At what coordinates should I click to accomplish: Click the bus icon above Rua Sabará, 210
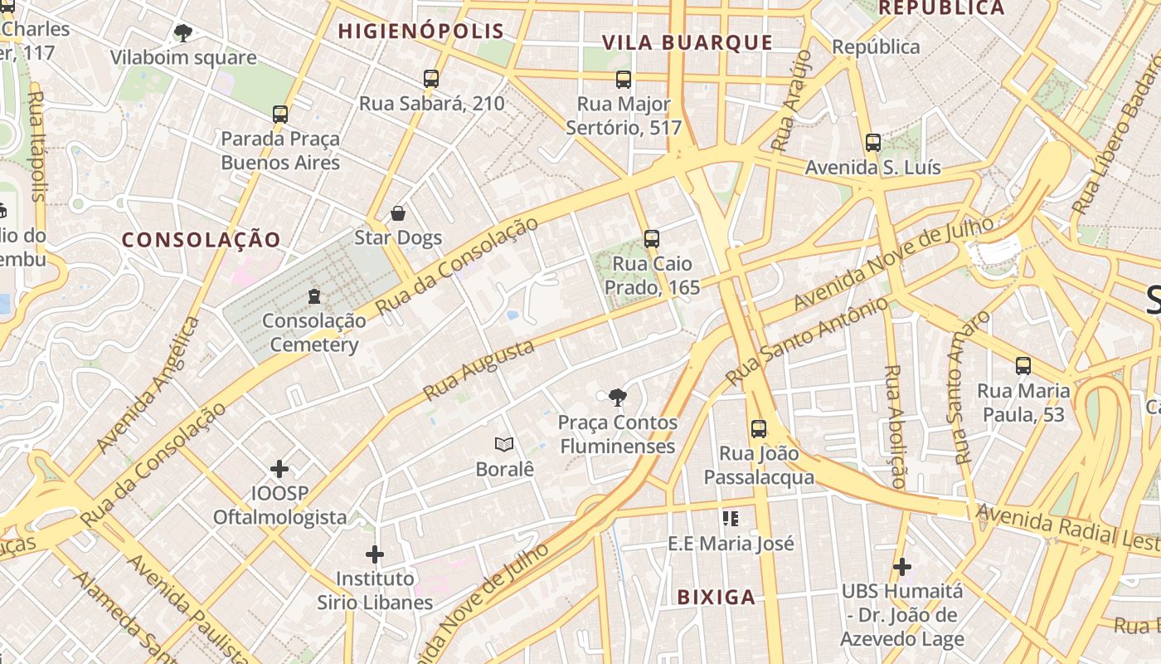(431, 79)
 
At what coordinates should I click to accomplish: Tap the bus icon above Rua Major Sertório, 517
(624, 80)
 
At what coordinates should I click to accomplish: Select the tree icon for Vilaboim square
(183, 33)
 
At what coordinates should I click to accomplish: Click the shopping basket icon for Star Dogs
(398, 213)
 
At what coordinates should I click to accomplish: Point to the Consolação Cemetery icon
(314, 295)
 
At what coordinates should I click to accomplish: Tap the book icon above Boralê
(504, 444)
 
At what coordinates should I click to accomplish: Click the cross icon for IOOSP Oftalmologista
(279, 469)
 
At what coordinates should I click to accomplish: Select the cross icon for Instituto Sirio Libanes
(375, 554)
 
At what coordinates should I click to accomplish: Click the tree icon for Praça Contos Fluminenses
(617, 398)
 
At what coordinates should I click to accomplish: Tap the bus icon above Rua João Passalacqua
(759, 429)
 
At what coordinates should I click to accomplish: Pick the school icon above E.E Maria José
(731, 519)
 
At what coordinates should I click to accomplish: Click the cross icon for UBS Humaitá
(902, 567)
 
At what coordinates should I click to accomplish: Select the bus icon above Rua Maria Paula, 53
(1023, 365)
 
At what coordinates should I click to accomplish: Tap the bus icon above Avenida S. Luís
(873, 142)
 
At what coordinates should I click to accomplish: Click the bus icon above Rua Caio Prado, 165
(652, 239)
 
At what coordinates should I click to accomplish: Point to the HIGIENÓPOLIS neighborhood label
(421, 32)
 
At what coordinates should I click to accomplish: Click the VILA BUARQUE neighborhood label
(687, 43)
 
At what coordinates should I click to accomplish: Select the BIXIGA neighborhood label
(717, 597)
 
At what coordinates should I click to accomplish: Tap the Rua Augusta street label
(478, 370)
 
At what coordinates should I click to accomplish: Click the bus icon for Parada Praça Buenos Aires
(280, 114)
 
